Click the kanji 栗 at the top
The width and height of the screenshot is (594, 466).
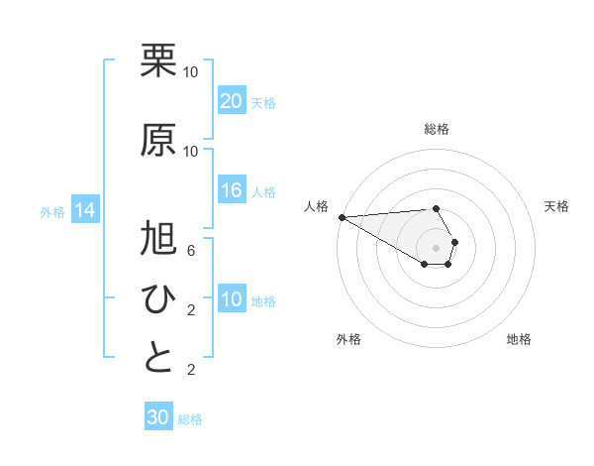(x=158, y=60)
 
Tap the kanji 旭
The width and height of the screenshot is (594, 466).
(x=158, y=238)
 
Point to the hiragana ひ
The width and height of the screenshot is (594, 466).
(x=158, y=298)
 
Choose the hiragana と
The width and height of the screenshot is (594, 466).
(x=158, y=358)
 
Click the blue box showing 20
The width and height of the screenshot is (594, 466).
(x=231, y=101)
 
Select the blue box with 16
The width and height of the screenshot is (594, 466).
(x=231, y=190)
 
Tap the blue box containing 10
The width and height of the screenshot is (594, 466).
(x=231, y=299)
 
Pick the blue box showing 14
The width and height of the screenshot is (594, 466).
(x=84, y=210)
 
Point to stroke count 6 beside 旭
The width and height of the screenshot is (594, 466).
(x=191, y=251)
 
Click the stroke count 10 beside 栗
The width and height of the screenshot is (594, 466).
(x=191, y=72)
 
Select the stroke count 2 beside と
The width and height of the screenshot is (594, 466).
(x=191, y=370)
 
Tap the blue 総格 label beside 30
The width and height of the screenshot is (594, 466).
(x=190, y=419)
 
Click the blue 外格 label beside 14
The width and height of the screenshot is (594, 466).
(x=52, y=211)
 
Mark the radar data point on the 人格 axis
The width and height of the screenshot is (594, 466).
(x=341, y=216)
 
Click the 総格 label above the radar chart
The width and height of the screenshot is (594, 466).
(x=437, y=129)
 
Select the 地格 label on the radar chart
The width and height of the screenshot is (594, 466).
(x=519, y=339)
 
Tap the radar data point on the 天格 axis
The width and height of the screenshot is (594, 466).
(x=454, y=242)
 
